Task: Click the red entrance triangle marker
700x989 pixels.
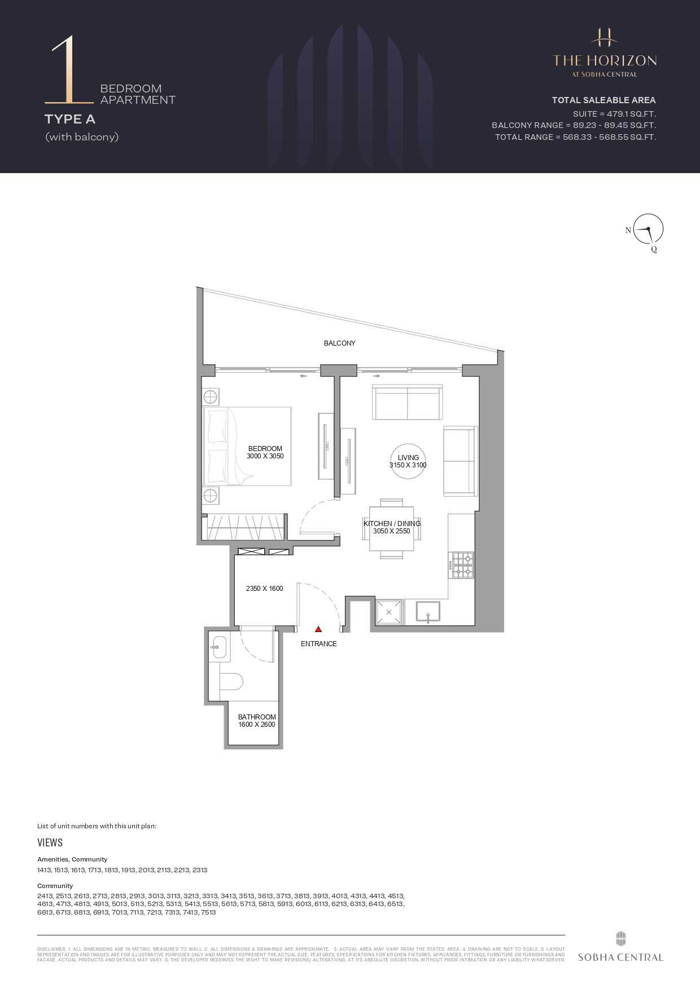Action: [x=318, y=629]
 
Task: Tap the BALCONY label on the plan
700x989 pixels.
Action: [x=339, y=343]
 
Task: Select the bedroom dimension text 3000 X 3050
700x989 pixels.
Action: [x=265, y=456]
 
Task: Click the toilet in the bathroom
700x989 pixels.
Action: [x=231, y=681]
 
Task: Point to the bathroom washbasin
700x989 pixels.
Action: [x=218, y=647]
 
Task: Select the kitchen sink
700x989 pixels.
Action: [x=428, y=612]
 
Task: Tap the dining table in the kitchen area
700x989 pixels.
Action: [x=392, y=528]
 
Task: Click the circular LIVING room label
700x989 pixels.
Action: [x=408, y=461]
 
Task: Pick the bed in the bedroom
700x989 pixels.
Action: [x=247, y=446]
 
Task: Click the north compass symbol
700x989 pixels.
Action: [x=648, y=230]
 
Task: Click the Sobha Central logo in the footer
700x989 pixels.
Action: [x=620, y=947]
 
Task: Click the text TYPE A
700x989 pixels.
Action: [x=70, y=119]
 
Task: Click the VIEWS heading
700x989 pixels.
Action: [x=50, y=842]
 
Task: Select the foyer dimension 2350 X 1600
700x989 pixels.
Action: [x=264, y=588]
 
